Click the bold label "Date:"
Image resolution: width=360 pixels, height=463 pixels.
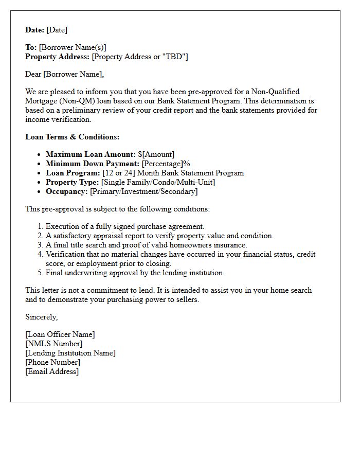tap(35, 30)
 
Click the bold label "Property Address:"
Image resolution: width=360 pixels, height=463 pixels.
tap(58, 57)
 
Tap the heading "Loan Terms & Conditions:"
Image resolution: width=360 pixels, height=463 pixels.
tap(72, 137)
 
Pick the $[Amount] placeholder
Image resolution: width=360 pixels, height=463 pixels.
tap(156, 154)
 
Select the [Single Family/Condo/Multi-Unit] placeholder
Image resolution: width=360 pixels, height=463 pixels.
tap(158, 182)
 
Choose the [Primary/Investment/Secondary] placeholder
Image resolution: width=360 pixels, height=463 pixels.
tap(143, 191)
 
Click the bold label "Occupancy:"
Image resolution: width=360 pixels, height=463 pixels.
tap(67, 191)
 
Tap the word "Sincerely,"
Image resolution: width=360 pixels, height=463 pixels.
tap(42, 317)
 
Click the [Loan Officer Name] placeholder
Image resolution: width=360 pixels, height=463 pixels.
tap(60, 334)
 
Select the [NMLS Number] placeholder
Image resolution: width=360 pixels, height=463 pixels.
tap(53, 344)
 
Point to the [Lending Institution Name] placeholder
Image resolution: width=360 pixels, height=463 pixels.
tap(70, 353)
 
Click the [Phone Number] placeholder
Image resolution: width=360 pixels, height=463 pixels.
tap(52, 362)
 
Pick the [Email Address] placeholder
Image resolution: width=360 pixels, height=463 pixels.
tap(52, 371)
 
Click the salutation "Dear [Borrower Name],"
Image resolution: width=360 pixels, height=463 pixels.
tap(64, 74)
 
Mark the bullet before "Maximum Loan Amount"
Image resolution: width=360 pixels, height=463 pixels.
tap(40, 154)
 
